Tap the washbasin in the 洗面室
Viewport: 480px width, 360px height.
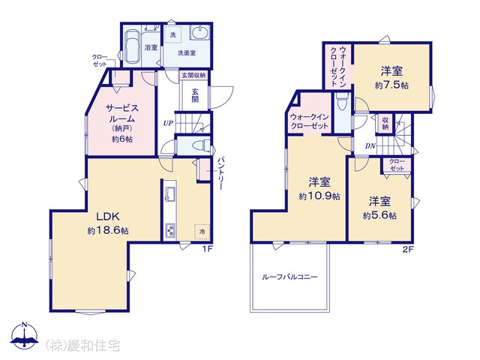pos(199,32)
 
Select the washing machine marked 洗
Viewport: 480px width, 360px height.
pos(173,34)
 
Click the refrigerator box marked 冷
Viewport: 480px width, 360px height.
pos(202,232)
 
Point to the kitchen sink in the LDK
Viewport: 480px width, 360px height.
pos(170,193)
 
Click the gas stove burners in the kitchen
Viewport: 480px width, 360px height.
pos(170,230)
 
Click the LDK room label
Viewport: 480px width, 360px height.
pos(108,217)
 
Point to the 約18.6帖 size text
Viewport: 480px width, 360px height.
pos(108,230)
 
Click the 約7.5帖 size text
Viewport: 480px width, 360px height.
pos(391,85)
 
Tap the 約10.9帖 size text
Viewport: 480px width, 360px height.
pos(319,196)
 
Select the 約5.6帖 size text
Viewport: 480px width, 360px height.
pos(379,215)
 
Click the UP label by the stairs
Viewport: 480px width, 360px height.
pos(168,123)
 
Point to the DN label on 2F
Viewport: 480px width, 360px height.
pos(370,146)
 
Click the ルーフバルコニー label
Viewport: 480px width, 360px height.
pos(290,277)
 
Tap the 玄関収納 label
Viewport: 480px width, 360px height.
pos(193,75)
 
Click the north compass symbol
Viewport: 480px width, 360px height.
pos(25,336)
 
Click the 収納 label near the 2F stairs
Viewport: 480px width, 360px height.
pos(385,123)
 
